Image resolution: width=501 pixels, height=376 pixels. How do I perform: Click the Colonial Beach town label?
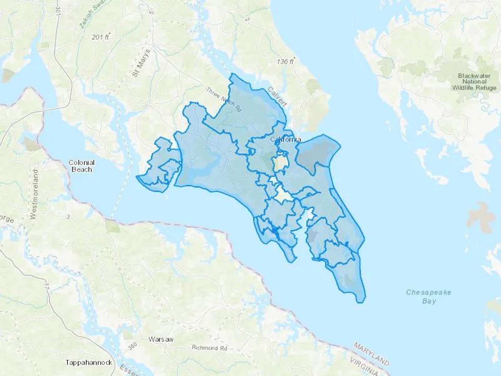pos(82,166)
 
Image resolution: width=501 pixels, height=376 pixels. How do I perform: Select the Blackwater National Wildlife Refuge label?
pos(474,82)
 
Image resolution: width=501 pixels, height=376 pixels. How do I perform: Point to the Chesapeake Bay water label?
pos(428,297)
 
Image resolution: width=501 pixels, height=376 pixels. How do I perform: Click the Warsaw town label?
pos(161,340)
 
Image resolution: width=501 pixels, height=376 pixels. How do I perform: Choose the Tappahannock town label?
pos(89,362)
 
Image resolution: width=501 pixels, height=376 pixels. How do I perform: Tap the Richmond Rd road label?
pos(209,348)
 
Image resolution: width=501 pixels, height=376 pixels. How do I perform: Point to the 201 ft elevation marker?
pos(100,37)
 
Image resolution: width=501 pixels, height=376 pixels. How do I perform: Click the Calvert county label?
pos(277,96)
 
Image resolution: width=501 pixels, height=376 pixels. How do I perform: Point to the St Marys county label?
pos(141,63)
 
